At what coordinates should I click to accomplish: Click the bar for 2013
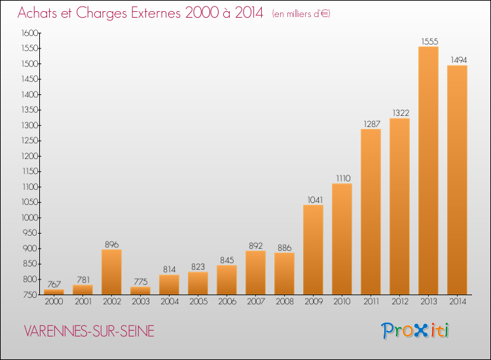(x=428, y=171)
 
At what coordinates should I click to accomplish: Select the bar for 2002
(x=111, y=272)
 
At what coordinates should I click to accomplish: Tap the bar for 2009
(x=313, y=250)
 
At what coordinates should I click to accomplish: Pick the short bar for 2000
(x=54, y=292)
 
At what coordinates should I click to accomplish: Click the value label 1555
(x=429, y=41)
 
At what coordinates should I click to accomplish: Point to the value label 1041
(x=315, y=200)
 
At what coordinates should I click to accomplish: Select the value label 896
(x=112, y=244)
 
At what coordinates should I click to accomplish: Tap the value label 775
(x=141, y=281)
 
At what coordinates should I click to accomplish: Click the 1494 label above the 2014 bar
(x=458, y=60)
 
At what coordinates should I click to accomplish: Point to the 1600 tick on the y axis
(x=29, y=33)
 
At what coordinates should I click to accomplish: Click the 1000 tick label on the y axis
(x=29, y=217)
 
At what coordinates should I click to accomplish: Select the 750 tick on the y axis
(x=30, y=295)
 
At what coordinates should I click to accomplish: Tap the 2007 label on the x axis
(x=256, y=301)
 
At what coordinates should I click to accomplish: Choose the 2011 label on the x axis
(x=371, y=301)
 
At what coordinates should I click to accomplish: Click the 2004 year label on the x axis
(x=170, y=301)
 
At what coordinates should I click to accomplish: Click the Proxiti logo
(x=415, y=331)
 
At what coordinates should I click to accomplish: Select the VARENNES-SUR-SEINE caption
(x=89, y=331)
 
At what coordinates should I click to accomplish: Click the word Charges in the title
(x=101, y=13)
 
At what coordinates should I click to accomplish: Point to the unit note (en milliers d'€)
(x=301, y=14)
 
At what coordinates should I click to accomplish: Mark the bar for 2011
(x=371, y=212)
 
